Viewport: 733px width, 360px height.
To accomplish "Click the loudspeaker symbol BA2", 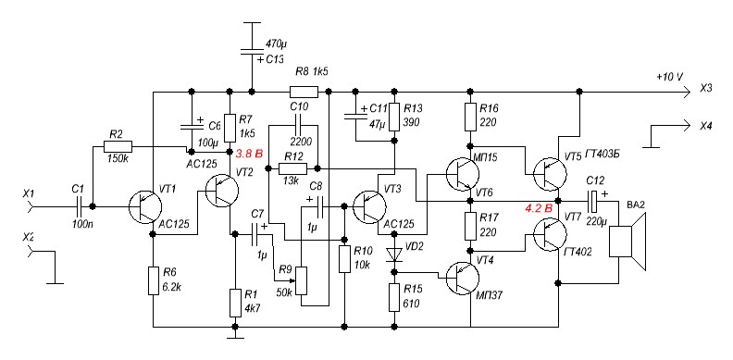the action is coord(627,242).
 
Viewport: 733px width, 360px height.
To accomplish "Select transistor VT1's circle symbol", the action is coord(145,206).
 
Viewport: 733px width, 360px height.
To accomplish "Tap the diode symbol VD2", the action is coord(393,254).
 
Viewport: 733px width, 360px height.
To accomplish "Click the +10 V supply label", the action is coord(669,77).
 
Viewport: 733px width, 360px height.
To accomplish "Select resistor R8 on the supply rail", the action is coord(304,92).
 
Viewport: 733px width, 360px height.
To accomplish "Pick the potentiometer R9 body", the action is coord(303,281).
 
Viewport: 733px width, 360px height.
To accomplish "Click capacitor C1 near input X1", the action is coord(79,206).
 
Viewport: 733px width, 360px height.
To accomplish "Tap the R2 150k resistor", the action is coord(118,147).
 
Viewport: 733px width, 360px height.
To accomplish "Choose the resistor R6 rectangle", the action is coord(154,280).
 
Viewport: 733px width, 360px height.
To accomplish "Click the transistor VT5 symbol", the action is coord(551,174).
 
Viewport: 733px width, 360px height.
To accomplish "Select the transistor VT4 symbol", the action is coord(462,278).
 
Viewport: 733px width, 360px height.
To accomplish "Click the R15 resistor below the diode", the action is coord(394,297).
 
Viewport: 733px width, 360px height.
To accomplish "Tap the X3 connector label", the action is coord(705,89).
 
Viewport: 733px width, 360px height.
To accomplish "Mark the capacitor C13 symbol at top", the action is coord(252,52).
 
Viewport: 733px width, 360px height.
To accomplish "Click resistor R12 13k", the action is coord(293,168).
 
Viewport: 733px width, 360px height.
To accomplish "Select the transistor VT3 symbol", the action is coord(369,206).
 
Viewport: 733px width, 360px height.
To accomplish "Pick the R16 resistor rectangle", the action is coord(470,117).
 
